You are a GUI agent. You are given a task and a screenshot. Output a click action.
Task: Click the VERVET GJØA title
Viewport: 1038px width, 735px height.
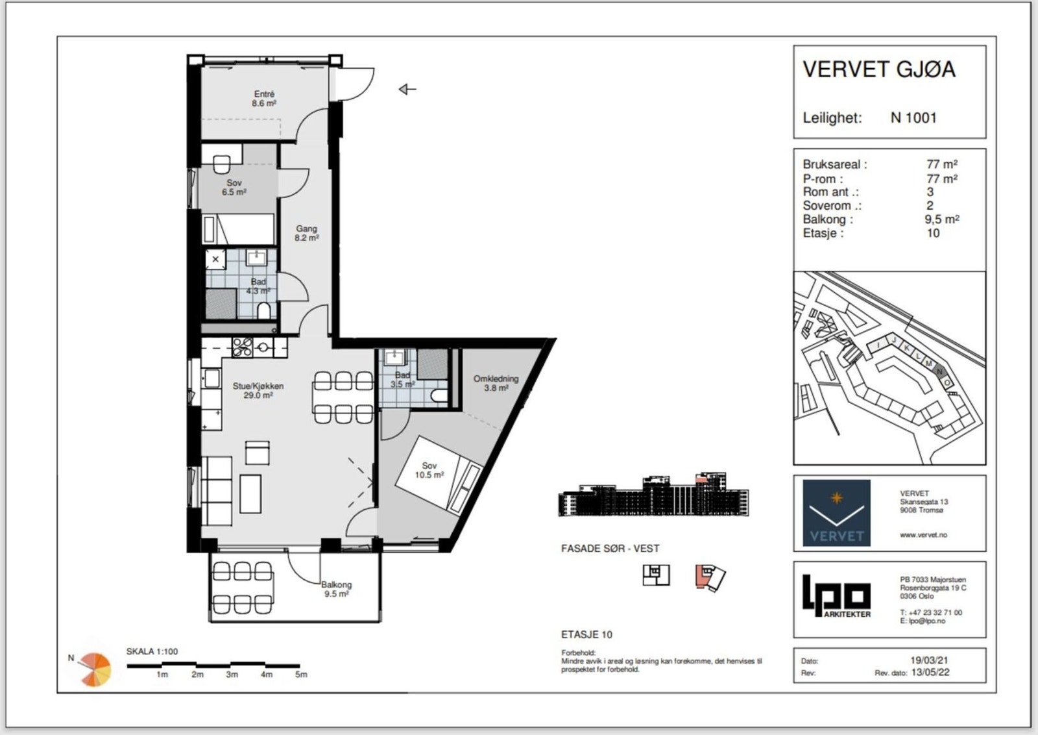pyautogui.click(x=878, y=69)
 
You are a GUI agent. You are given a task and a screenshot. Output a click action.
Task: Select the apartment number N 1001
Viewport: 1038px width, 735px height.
pyautogui.click(x=913, y=118)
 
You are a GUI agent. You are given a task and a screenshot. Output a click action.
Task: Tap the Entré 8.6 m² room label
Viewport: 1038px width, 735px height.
pyautogui.click(x=264, y=99)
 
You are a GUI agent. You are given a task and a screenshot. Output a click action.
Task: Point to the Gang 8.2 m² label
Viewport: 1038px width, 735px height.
pyautogui.click(x=307, y=233)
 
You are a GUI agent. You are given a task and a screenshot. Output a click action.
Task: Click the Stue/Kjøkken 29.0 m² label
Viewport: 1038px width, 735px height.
pyautogui.click(x=258, y=390)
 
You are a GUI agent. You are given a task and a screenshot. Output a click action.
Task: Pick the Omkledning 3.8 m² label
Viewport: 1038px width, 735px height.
pyautogui.click(x=496, y=383)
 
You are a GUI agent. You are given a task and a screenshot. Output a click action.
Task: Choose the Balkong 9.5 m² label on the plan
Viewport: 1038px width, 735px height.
pyautogui.click(x=337, y=589)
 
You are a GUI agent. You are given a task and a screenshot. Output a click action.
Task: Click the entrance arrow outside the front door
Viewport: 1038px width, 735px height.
pyautogui.click(x=407, y=89)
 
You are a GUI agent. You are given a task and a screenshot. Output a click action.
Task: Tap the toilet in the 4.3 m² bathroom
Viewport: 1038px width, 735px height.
pyautogui.click(x=263, y=311)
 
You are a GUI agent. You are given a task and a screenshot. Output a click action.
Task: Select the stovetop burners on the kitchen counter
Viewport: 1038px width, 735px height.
pyautogui.click(x=243, y=347)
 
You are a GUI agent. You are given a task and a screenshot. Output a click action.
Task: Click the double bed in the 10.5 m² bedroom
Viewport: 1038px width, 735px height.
pyautogui.click(x=439, y=474)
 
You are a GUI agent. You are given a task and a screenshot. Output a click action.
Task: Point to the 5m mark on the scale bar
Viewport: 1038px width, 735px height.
pyautogui.click(x=301, y=674)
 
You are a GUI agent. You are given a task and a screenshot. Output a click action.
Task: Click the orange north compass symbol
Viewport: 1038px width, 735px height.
pyautogui.click(x=95, y=669)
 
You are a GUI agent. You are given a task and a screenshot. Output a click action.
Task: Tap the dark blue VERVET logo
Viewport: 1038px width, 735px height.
pyautogui.click(x=836, y=512)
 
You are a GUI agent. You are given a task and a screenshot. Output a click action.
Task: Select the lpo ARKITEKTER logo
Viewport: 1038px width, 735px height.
pyautogui.click(x=836, y=596)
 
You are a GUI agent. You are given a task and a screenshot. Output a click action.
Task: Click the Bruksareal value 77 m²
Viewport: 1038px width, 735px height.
pyautogui.click(x=942, y=164)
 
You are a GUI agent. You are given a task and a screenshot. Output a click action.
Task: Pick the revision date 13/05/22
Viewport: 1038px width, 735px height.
pyautogui.click(x=930, y=673)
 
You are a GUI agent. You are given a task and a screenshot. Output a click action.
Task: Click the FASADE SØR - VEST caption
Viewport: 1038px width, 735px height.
pyautogui.click(x=610, y=549)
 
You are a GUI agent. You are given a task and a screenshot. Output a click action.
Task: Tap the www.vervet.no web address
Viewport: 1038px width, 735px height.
pyautogui.click(x=924, y=534)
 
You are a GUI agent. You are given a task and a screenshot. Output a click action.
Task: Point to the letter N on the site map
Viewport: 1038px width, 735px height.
pyautogui.click(x=939, y=371)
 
